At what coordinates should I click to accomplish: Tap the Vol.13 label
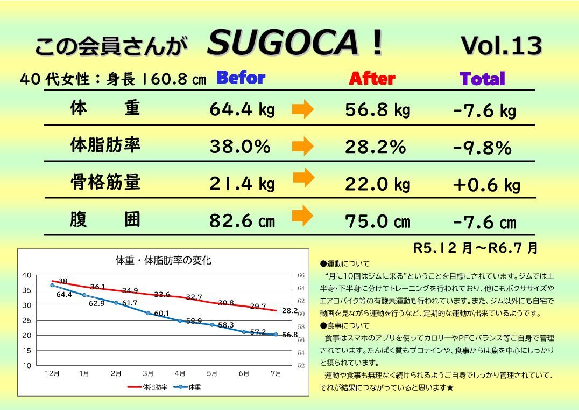(501, 46)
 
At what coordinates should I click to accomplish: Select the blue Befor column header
(241, 78)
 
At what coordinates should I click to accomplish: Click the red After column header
(372, 79)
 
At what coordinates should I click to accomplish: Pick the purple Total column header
(482, 79)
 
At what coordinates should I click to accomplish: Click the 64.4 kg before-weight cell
(242, 110)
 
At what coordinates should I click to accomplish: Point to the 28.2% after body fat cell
(376, 147)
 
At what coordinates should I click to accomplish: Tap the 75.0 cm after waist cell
(377, 221)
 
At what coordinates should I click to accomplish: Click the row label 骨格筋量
(105, 182)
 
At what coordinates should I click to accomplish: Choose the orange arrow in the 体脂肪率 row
(303, 145)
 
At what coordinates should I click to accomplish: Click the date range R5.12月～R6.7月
(475, 248)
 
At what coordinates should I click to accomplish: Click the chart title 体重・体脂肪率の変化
(164, 261)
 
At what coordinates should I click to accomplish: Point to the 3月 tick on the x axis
(148, 373)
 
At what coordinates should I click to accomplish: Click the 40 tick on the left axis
(26, 275)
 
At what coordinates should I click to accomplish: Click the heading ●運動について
(345, 264)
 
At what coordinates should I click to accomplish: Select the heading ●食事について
(345, 325)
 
